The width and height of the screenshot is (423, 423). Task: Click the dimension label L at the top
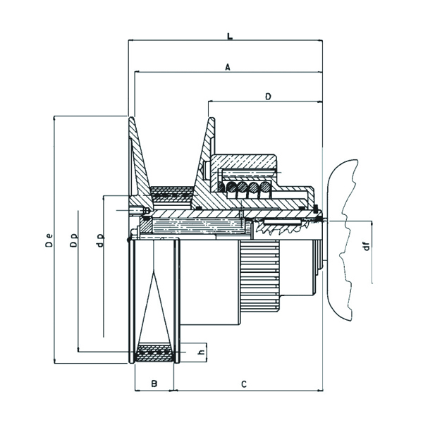(x=230, y=36)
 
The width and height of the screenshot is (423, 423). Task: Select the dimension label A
(x=228, y=67)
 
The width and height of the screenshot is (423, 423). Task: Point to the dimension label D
(x=268, y=97)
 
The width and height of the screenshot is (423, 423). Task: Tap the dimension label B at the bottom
(x=154, y=384)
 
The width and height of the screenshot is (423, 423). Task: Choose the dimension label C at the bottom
(x=244, y=384)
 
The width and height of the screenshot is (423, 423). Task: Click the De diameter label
(x=49, y=240)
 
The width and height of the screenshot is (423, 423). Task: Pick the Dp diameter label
(x=73, y=240)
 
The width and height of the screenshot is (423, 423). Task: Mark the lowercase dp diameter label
(x=100, y=240)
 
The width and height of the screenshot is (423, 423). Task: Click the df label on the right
(x=367, y=246)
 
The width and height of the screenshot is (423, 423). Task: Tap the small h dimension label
(x=200, y=352)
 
